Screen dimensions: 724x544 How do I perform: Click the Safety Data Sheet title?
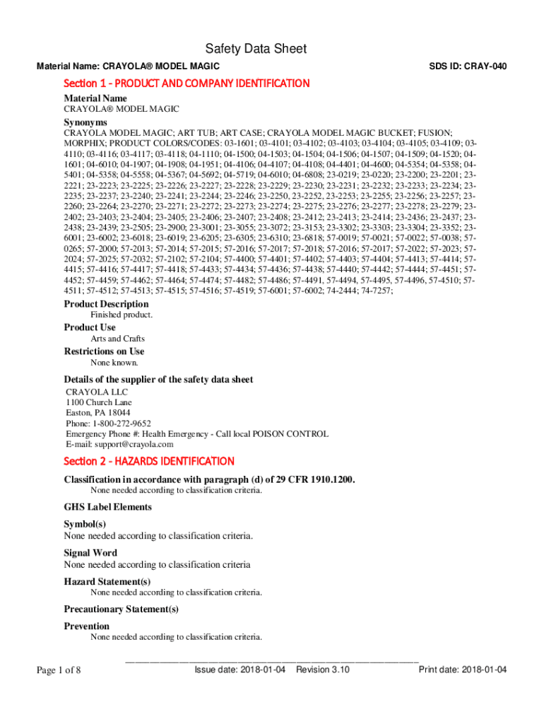click(x=256, y=49)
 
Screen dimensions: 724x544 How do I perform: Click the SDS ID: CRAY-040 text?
click(x=468, y=66)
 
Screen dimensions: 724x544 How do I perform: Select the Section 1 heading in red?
click(x=187, y=83)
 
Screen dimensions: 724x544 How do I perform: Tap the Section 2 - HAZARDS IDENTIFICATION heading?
click(x=149, y=461)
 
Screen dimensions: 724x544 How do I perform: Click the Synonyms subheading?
click(x=85, y=122)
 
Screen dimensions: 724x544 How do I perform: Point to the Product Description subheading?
click(x=106, y=304)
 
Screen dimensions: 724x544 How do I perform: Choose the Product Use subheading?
click(x=90, y=327)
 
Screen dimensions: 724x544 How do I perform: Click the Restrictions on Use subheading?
click(x=104, y=351)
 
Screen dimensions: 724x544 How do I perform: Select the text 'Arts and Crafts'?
click(x=117, y=339)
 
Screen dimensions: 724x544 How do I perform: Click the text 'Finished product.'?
click(x=122, y=315)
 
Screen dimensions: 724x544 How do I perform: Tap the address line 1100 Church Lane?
click(x=99, y=402)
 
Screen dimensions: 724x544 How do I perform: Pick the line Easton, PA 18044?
click(x=97, y=413)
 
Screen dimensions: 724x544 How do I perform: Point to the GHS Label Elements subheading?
click(x=107, y=507)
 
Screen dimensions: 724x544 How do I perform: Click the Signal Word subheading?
click(x=90, y=553)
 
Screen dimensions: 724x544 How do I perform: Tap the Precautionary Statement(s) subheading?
click(x=121, y=609)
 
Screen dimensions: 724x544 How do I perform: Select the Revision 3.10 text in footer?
click(x=323, y=670)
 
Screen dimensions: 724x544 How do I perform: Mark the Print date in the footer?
click(x=463, y=670)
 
